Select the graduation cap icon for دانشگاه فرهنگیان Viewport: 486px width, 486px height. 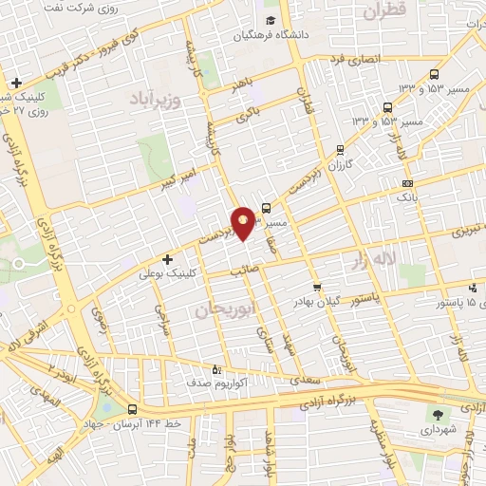[271, 21]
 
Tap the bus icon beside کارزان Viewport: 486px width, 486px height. [341, 149]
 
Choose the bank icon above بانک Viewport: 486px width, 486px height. [407, 183]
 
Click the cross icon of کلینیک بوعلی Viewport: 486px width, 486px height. [167, 258]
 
